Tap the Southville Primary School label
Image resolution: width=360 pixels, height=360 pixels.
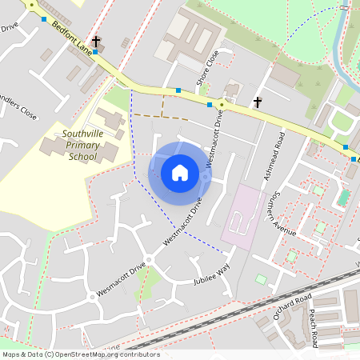(83, 145)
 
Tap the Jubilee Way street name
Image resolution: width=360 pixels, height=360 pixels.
(211, 276)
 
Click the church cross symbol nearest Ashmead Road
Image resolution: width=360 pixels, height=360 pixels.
(258, 102)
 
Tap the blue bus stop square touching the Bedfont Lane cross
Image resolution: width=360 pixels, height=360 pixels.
(95, 51)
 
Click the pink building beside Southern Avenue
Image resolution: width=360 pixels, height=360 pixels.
(242, 214)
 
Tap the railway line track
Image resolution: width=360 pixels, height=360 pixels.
(240, 313)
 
